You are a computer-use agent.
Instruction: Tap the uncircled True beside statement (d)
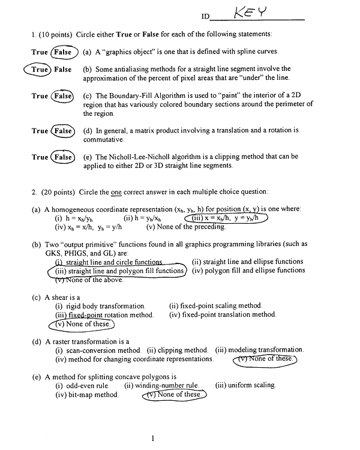(40, 130)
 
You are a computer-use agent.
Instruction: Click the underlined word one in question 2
(115, 192)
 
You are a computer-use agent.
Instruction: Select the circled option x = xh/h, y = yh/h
(230, 218)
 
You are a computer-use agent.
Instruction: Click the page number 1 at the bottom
(154, 439)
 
